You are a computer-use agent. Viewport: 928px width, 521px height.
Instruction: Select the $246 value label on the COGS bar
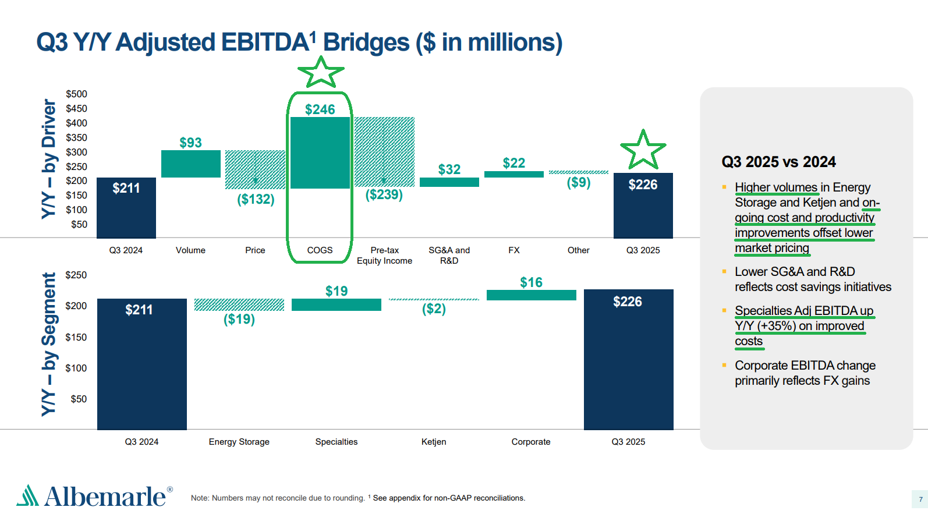click(x=320, y=109)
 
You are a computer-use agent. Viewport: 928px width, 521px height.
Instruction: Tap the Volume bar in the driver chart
click(x=190, y=164)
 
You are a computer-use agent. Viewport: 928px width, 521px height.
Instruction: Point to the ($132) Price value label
click(x=256, y=199)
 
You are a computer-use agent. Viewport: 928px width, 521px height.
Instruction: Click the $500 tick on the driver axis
click(x=76, y=94)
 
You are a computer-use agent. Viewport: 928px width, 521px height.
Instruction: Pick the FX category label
click(x=513, y=250)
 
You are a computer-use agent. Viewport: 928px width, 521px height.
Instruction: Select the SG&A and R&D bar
click(x=449, y=182)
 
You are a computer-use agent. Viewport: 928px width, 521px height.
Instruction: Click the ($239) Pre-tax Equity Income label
click(x=384, y=194)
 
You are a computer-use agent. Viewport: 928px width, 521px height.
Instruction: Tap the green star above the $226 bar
click(x=643, y=150)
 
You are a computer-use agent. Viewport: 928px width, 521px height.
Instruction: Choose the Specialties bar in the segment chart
click(x=336, y=304)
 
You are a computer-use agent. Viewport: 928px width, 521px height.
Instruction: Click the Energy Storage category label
click(x=239, y=442)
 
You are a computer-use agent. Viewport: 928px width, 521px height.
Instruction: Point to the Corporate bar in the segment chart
click(x=531, y=295)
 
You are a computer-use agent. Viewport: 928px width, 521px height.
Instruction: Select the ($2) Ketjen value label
click(x=434, y=309)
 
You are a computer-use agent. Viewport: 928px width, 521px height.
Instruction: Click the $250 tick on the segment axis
click(x=76, y=275)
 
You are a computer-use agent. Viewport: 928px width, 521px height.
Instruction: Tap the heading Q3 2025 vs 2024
click(x=778, y=162)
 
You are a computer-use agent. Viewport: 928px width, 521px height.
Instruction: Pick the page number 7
click(x=920, y=499)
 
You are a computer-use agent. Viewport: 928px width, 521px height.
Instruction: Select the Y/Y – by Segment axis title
click(x=49, y=344)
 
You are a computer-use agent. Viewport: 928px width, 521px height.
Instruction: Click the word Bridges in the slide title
click(x=366, y=42)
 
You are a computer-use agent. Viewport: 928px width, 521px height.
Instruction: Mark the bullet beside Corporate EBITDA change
click(x=724, y=365)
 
